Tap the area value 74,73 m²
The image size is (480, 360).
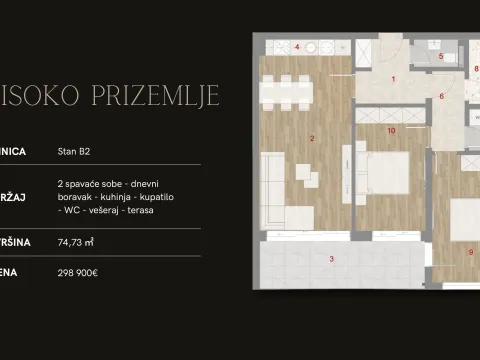click(x=78, y=241)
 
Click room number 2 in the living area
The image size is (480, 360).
click(x=313, y=138)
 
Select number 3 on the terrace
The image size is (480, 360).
click(x=332, y=259)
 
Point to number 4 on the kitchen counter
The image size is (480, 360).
click(x=297, y=47)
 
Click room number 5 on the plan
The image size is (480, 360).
click(x=440, y=57)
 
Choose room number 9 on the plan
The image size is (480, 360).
click(x=470, y=252)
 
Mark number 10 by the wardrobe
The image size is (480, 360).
click(x=391, y=130)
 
